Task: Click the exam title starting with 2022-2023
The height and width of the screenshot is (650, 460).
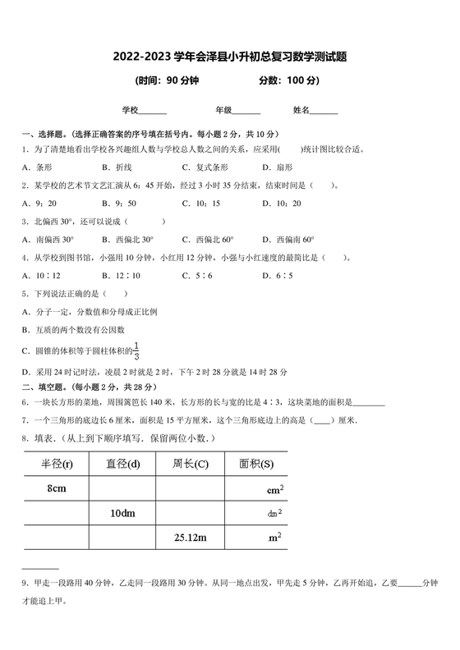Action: (x=229, y=57)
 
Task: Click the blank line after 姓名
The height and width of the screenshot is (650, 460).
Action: (x=324, y=110)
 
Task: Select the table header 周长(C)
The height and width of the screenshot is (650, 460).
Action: (x=191, y=465)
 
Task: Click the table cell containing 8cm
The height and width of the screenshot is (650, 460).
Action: (x=57, y=489)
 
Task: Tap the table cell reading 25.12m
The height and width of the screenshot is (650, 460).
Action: (x=191, y=538)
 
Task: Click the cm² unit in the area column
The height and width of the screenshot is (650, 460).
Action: (x=275, y=490)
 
